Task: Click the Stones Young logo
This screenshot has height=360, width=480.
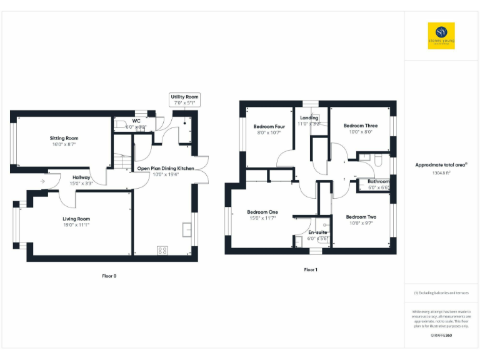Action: coord(441,36)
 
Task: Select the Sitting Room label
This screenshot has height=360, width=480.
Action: coord(64,138)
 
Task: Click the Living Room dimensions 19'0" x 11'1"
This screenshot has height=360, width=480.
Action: coord(76,225)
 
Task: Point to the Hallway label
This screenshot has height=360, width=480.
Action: coord(81,177)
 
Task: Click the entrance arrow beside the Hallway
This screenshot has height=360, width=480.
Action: coord(42,182)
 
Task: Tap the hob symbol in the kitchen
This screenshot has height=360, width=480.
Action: coord(162,250)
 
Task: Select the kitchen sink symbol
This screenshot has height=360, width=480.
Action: coord(187,230)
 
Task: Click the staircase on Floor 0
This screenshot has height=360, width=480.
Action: coord(122,161)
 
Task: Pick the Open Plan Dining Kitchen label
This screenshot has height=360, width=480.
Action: coord(166,168)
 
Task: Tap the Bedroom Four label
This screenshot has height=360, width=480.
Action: coord(270,126)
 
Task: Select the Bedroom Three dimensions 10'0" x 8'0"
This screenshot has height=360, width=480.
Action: coord(360,132)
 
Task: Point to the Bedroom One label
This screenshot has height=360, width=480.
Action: coord(262,212)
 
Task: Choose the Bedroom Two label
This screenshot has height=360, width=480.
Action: coord(361,217)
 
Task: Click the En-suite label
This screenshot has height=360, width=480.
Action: coord(317,232)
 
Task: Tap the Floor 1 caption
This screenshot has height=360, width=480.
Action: coord(311,270)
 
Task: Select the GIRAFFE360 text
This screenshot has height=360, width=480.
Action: coord(441,336)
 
